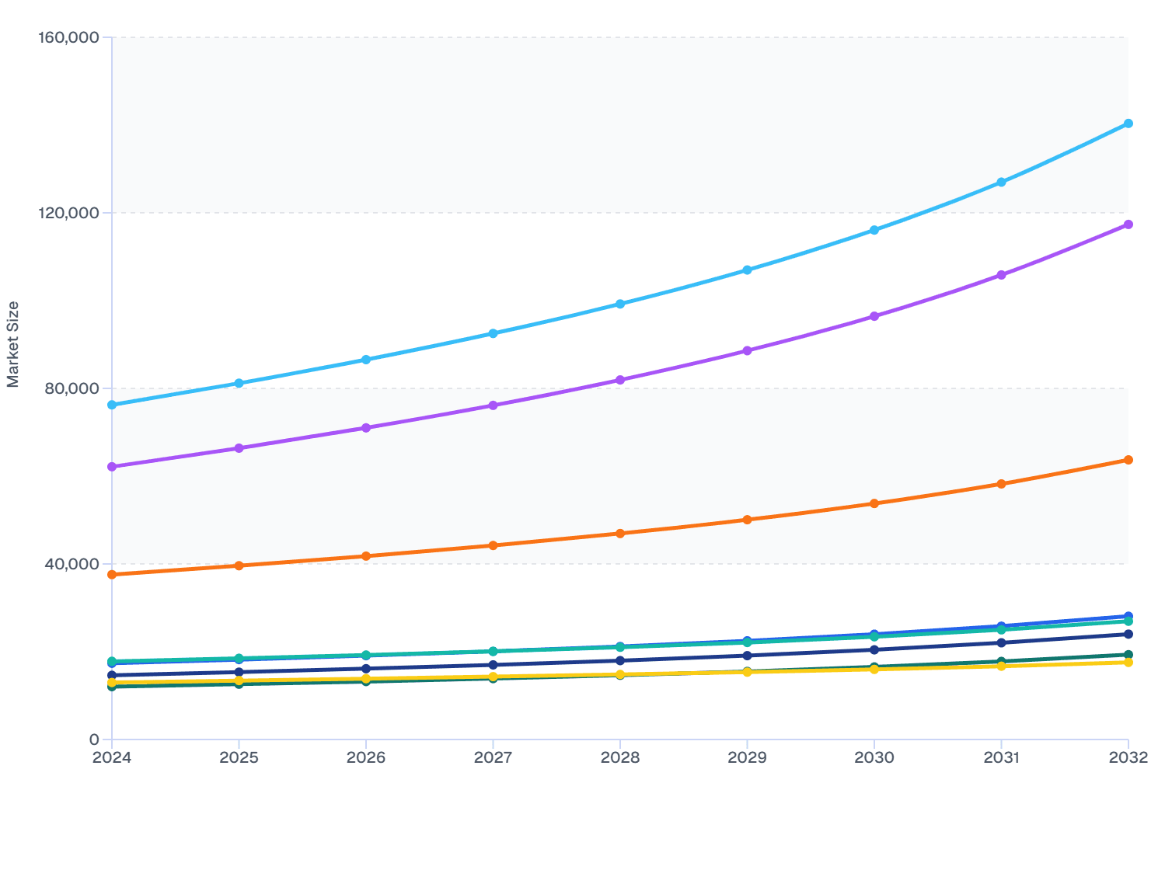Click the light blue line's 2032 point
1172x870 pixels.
[x=1128, y=124]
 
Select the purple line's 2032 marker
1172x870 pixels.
[x=1128, y=224]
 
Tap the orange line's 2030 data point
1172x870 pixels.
[x=874, y=503]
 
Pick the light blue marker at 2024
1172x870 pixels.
[x=112, y=405]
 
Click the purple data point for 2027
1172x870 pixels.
[x=493, y=405]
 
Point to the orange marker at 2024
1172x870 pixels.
[x=112, y=574]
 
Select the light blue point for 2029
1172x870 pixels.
[x=747, y=270]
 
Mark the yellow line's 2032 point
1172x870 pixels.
[x=1128, y=663]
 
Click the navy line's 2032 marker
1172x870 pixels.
[x=1128, y=634]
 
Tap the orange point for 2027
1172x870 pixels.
[x=493, y=545]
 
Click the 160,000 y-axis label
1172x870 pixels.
[x=68, y=37]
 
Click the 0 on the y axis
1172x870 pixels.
[x=94, y=739]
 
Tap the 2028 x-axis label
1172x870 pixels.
[x=619, y=757]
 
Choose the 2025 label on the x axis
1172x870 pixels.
[x=239, y=757]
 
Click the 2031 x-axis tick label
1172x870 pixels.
[x=1001, y=757]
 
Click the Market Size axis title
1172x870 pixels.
[x=13, y=344]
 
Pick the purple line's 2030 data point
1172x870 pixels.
[x=874, y=316]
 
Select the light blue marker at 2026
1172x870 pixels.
[x=366, y=360]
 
